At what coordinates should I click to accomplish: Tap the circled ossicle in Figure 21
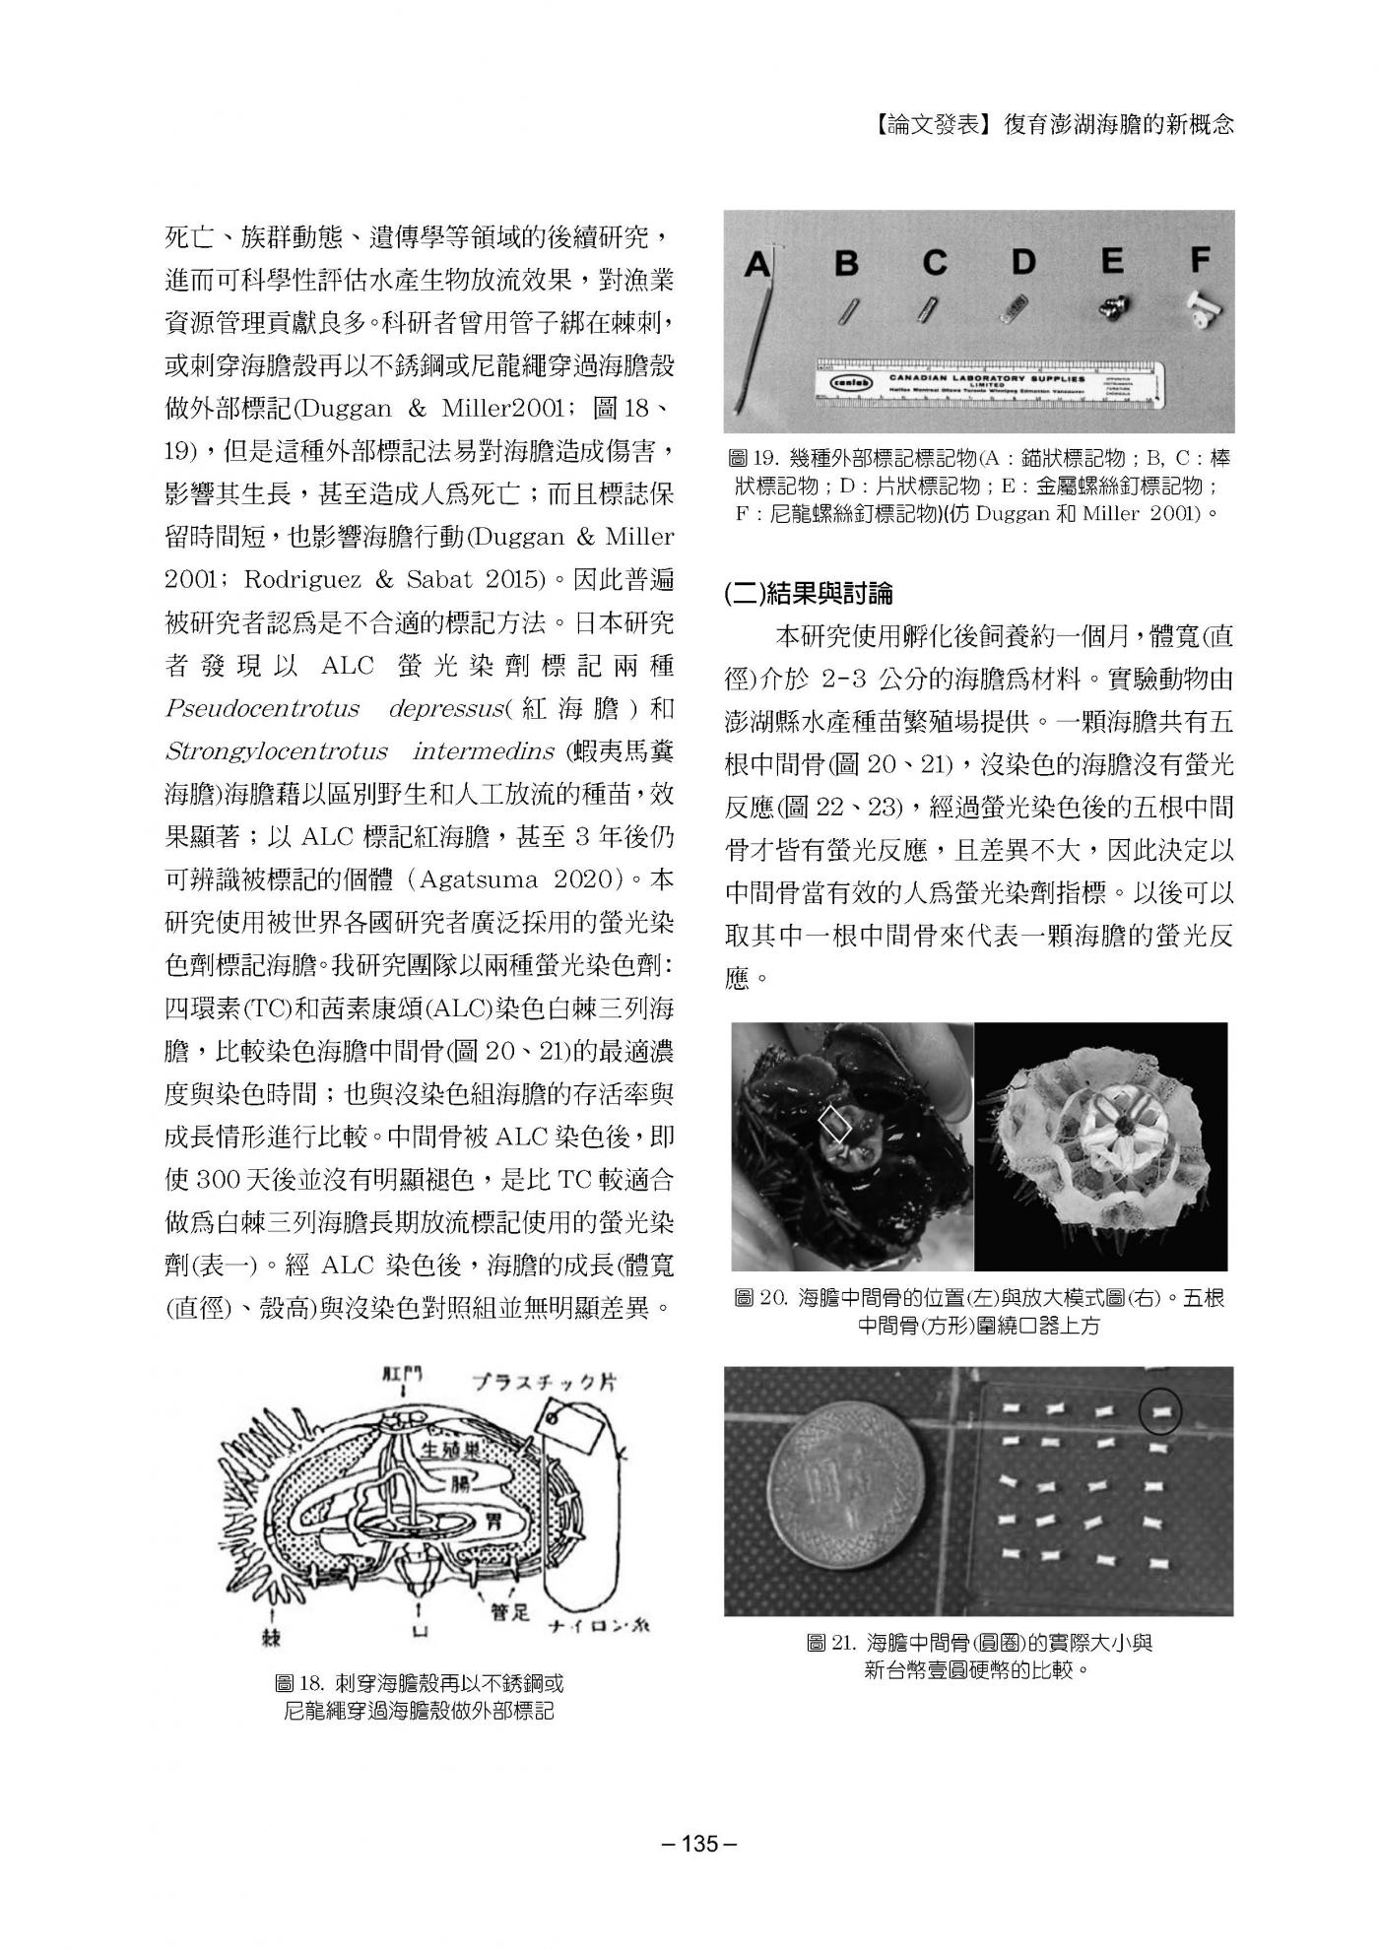1160,1413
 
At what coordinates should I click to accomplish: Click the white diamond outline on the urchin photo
837,1123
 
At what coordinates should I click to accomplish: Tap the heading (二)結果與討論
810,593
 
